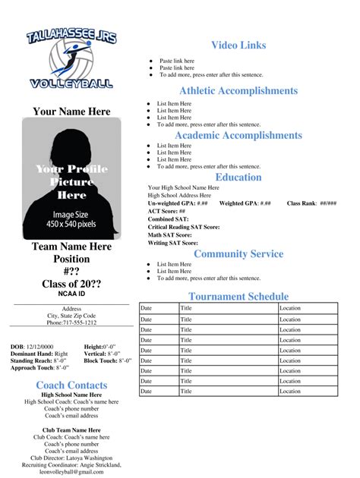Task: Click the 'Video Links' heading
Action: tap(238, 46)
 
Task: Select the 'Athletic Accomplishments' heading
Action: tap(238, 91)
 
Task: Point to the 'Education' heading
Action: tap(238, 177)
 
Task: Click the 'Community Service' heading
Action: tap(238, 254)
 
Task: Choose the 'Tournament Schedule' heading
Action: tap(238, 297)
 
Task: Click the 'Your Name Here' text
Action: tap(71, 112)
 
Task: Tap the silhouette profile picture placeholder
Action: tap(71, 178)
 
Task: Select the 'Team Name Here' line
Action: tap(71, 247)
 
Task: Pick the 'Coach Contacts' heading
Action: tap(71, 385)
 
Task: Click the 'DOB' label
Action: tap(17, 346)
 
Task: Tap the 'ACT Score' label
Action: tap(163, 211)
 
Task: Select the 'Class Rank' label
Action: tap(302, 203)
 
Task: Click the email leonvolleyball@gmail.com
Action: tap(71, 472)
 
